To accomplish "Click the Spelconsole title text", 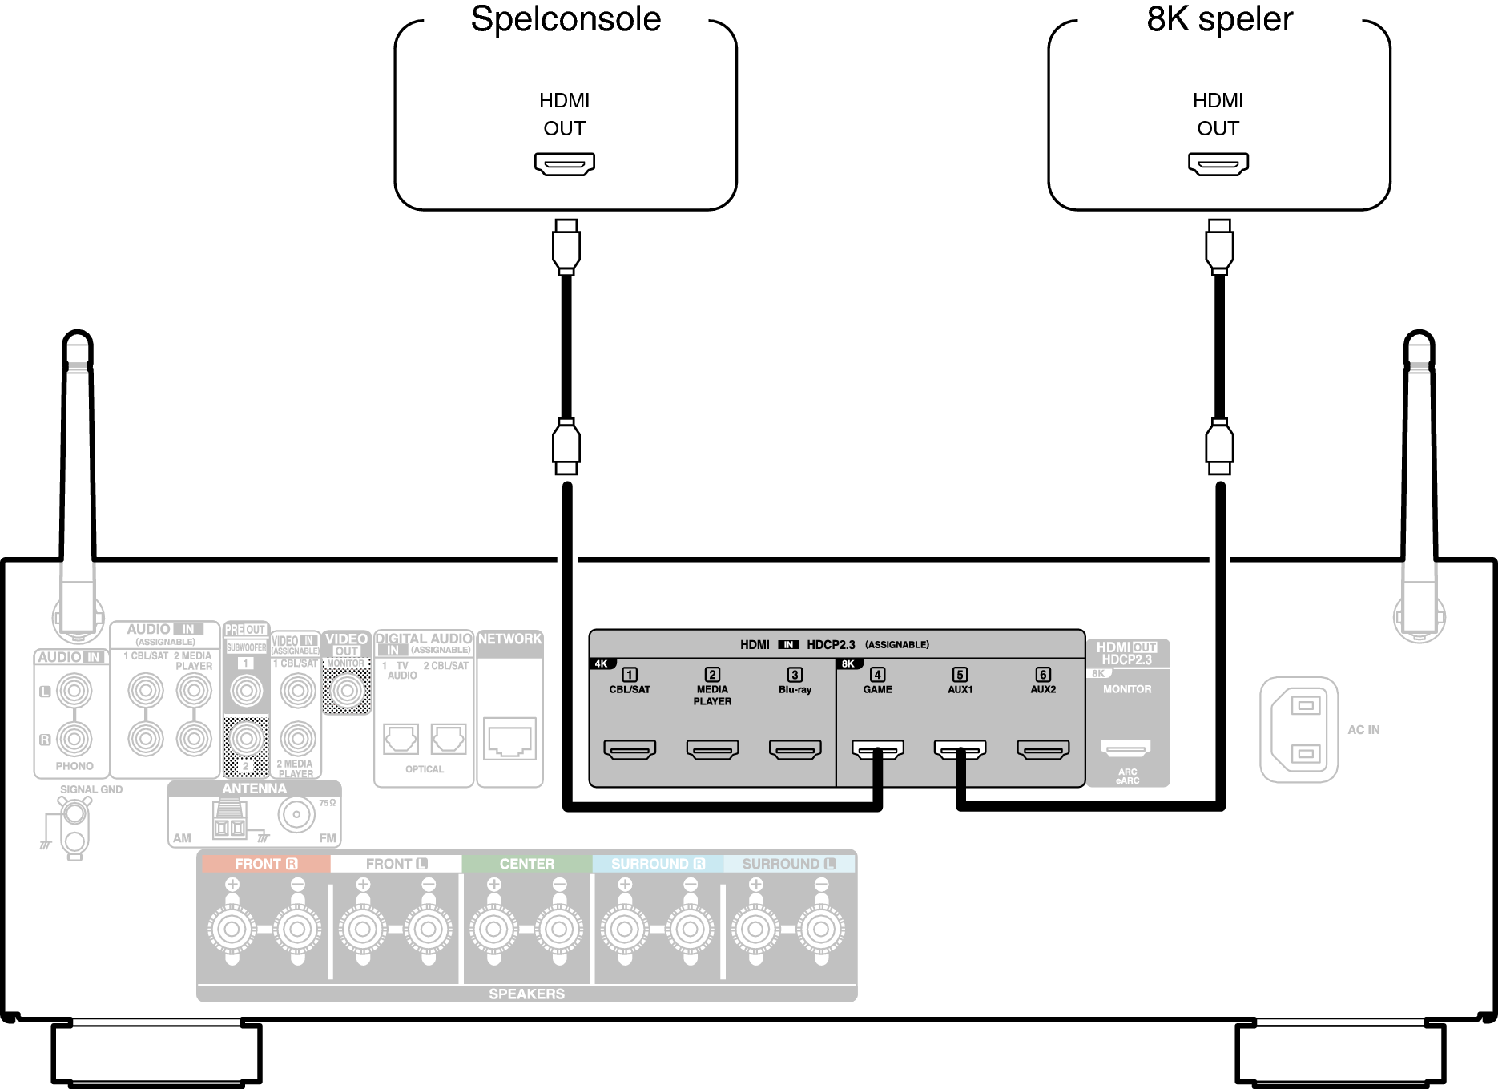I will click(566, 19).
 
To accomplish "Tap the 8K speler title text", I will click(1219, 19).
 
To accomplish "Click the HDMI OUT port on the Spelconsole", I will click(565, 163).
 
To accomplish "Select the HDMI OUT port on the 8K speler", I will click(1218, 163).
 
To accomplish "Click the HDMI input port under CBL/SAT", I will click(630, 749).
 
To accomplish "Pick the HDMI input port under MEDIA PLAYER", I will click(712, 749).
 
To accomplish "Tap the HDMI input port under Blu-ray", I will click(795, 749).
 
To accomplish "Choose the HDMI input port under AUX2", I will click(1043, 749).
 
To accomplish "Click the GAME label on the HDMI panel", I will click(877, 689).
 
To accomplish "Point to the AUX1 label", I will click(960, 689).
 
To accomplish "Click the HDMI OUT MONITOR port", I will click(1126, 748).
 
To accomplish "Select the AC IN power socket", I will click(1299, 729).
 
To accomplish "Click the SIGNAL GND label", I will click(91, 789).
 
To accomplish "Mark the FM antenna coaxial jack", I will click(296, 815).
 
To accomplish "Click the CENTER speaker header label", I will click(526, 864).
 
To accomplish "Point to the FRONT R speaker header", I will click(265, 864).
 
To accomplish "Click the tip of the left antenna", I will click(78, 337).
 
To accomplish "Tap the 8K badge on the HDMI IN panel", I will click(848, 663).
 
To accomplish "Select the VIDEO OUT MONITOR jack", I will click(346, 690).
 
